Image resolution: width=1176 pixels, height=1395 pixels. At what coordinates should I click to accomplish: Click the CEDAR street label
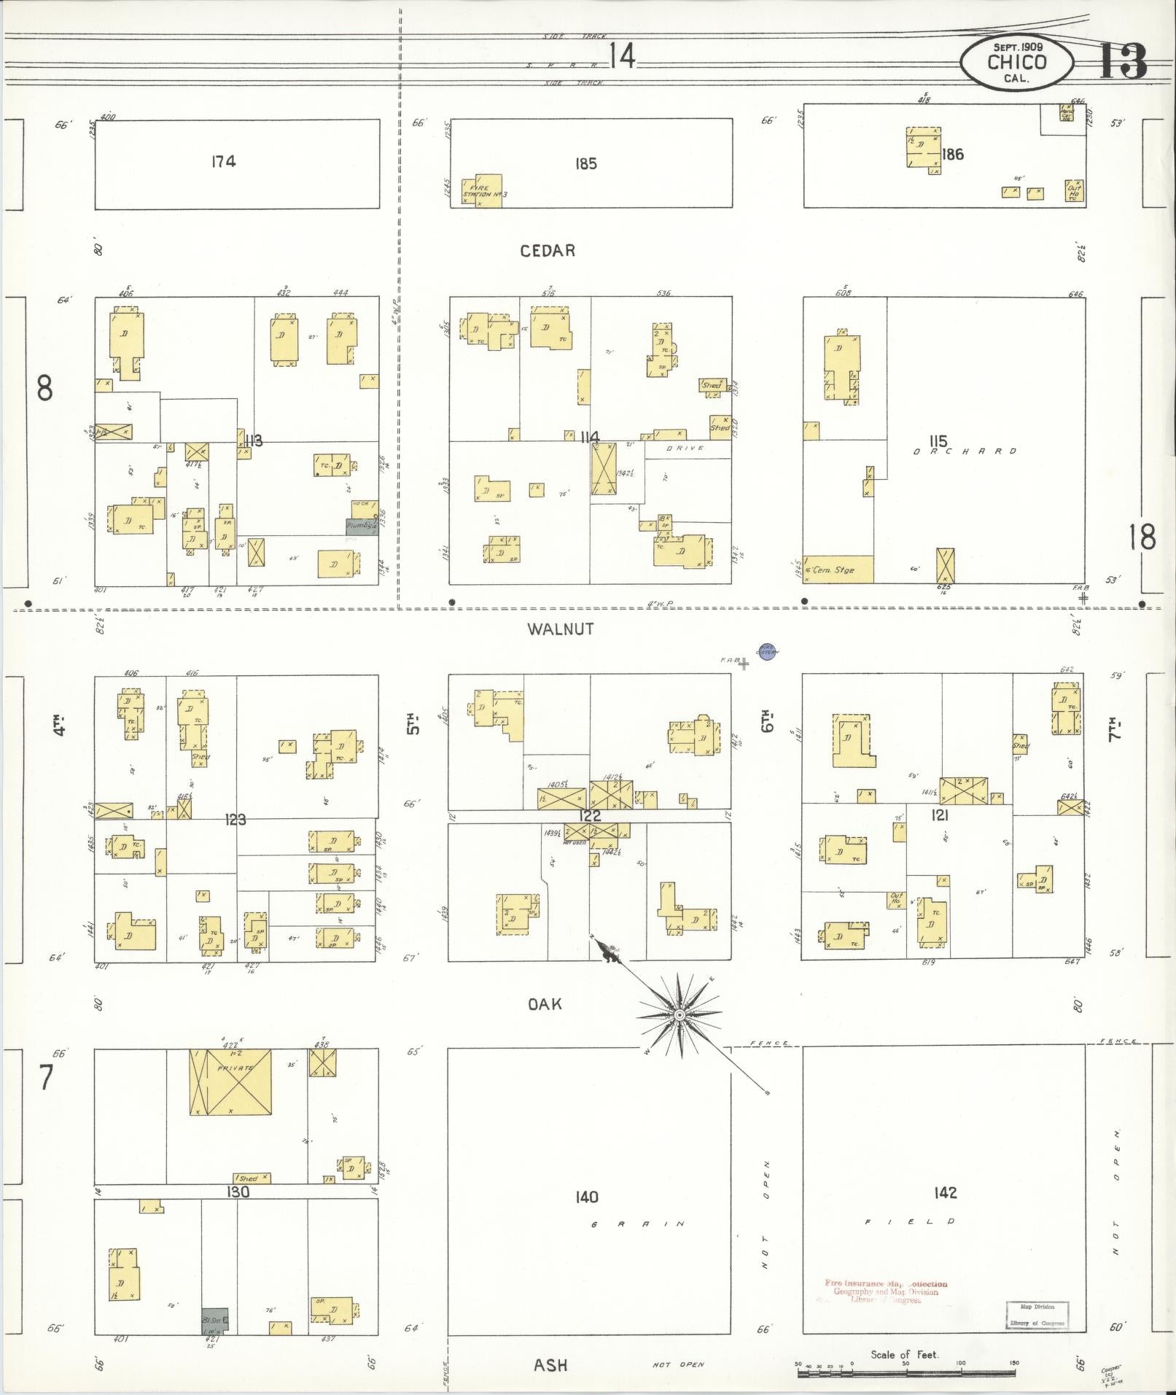547,251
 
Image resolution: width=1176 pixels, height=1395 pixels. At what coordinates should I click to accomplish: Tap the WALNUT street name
560,629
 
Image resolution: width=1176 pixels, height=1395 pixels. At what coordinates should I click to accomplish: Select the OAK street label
545,1004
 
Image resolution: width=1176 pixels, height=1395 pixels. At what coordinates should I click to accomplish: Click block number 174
223,161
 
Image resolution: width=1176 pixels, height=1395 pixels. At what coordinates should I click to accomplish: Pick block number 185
585,163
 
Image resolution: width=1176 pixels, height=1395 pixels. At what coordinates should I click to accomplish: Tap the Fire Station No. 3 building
483,191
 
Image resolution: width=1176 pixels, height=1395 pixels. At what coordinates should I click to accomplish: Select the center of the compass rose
679,1015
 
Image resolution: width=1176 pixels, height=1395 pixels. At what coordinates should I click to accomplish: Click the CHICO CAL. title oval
1016,63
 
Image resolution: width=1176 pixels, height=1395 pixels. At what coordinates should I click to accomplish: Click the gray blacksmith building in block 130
215,1321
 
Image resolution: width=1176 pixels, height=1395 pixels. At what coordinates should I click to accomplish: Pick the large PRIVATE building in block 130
230,1081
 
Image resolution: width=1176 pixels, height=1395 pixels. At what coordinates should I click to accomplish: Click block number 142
944,1193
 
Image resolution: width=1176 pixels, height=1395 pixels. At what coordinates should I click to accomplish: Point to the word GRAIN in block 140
638,1224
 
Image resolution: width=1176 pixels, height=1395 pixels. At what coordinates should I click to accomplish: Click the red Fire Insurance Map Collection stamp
886,1291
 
